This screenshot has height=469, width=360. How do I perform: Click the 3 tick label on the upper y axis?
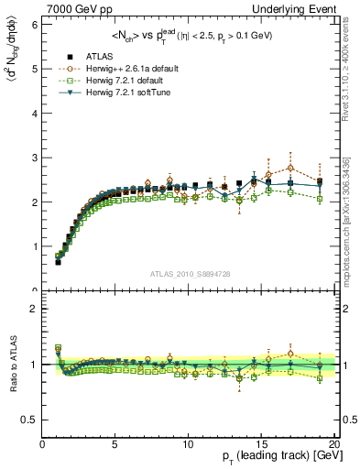coord(34,158)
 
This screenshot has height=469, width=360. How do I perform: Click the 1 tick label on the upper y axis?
coord(34,246)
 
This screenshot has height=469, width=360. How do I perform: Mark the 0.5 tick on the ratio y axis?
coord(30,420)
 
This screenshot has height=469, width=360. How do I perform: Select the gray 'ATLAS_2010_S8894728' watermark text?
coord(188,274)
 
